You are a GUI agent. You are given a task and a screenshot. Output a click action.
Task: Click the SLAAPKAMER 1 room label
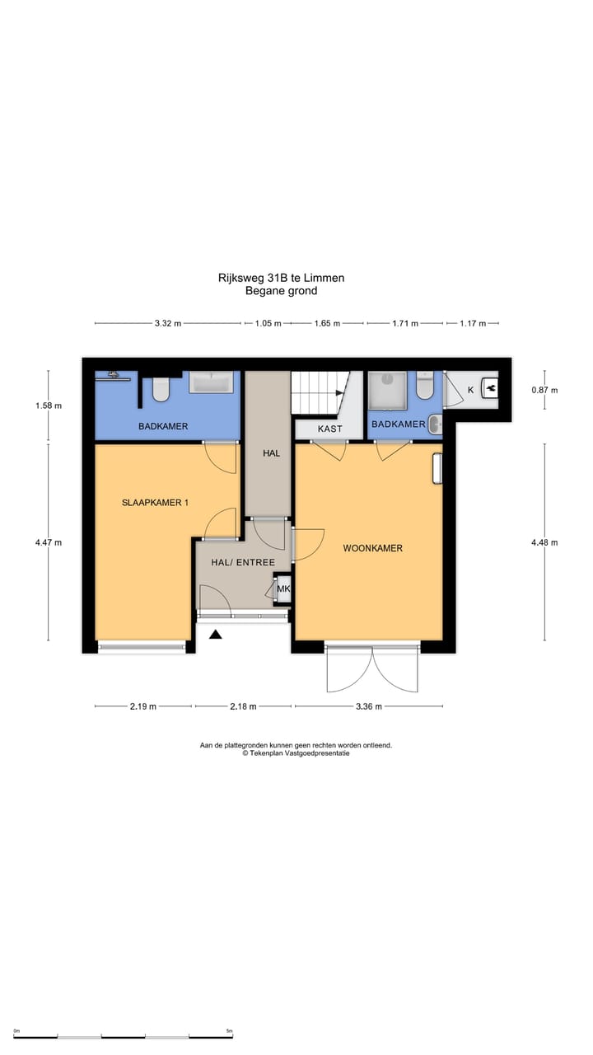click(155, 502)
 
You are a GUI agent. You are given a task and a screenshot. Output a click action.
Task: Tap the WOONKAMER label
click(373, 547)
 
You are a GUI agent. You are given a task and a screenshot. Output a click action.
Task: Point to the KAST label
click(329, 429)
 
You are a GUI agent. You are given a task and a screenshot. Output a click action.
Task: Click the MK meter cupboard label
click(283, 588)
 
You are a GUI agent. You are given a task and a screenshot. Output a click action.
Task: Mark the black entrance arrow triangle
click(216, 634)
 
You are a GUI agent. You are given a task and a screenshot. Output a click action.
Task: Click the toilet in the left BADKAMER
click(161, 389)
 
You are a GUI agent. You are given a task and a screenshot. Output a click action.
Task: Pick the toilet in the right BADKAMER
click(425, 386)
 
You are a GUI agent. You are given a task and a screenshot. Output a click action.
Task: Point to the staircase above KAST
click(321, 393)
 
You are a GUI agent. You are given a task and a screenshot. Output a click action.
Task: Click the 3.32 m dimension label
click(168, 324)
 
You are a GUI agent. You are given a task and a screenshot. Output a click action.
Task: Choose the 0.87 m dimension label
click(544, 390)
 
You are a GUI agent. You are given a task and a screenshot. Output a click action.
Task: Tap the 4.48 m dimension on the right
click(544, 542)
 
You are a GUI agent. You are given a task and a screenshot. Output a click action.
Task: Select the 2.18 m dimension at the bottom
click(242, 706)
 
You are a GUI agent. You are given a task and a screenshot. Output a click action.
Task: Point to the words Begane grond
click(281, 291)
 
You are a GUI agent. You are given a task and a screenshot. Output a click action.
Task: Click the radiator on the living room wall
click(437, 467)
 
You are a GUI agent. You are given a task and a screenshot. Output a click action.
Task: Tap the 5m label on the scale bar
click(229, 1031)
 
